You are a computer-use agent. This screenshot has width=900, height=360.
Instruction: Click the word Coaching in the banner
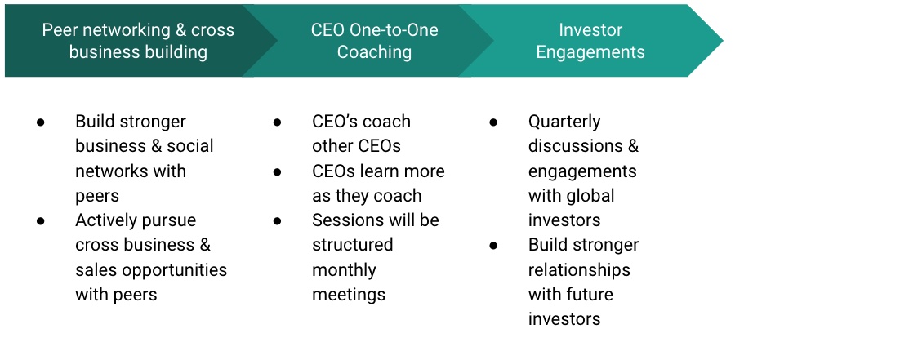pyautogui.click(x=374, y=51)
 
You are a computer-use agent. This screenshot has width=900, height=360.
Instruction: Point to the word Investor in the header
pyautogui.click(x=590, y=30)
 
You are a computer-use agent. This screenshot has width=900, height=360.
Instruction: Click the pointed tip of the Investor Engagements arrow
pyautogui.click(x=723, y=40)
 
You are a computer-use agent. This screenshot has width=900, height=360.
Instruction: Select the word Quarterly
pyautogui.click(x=564, y=122)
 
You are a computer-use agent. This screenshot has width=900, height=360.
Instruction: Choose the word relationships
pyautogui.click(x=579, y=270)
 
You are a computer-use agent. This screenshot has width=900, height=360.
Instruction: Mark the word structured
pyautogui.click(x=353, y=245)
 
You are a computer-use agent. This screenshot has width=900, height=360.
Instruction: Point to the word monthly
pyautogui.click(x=344, y=270)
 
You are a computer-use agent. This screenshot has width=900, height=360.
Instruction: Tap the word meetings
pyautogui.click(x=349, y=296)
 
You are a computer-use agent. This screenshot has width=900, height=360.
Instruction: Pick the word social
pyautogui.click(x=190, y=146)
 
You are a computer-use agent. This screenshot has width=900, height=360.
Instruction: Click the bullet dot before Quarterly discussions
pyautogui.click(x=493, y=122)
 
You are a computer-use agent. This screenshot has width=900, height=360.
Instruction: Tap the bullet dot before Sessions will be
pyautogui.click(x=277, y=220)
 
